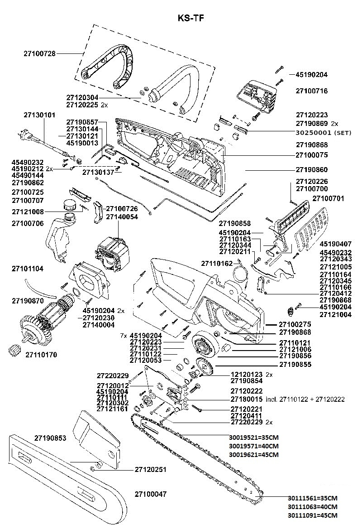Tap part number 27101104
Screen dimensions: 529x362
click(x=28, y=269)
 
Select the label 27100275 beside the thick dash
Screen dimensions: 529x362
click(x=295, y=324)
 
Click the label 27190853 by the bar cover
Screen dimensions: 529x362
click(x=50, y=438)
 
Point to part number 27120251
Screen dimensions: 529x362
click(x=150, y=470)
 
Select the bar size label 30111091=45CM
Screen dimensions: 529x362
click(x=312, y=515)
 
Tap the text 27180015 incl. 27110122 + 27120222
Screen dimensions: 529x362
click(x=287, y=399)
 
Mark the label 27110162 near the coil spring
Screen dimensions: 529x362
click(x=217, y=263)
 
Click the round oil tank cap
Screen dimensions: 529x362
click(x=70, y=204)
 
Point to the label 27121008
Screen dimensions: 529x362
click(x=28, y=212)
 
